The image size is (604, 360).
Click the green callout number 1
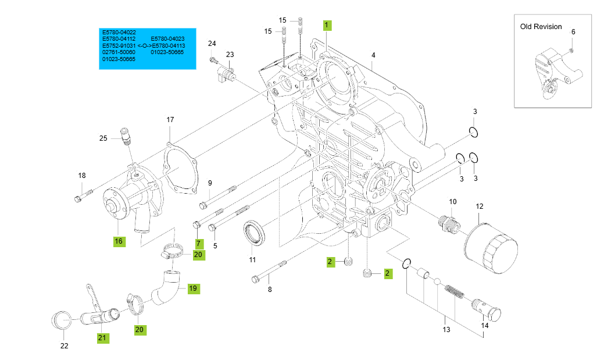tap(327, 25)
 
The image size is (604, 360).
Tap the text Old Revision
tap(541, 27)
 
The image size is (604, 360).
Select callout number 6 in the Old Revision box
tap(573, 32)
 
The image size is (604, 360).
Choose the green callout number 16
tap(119, 241)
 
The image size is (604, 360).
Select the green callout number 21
tap(102, 337)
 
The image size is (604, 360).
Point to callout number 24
tap(212, 44)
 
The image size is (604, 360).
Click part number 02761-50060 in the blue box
tap(119, 52)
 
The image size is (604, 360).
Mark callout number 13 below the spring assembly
tap(446, 330)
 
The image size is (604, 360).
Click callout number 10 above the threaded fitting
tap(453, 201)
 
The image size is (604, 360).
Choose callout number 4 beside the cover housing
tap(373, 55)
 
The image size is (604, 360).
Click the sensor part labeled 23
tap(225, 72)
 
